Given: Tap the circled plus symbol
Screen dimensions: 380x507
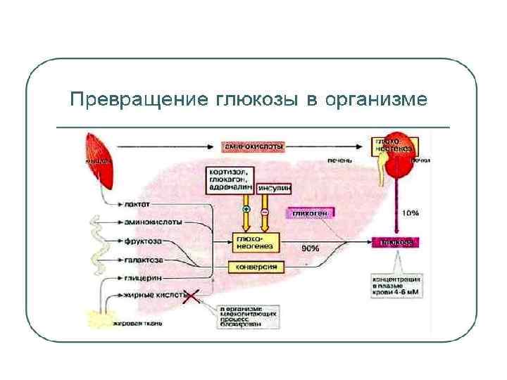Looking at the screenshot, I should [x=246, y=210].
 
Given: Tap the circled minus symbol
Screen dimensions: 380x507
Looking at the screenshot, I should [x=265, y=210].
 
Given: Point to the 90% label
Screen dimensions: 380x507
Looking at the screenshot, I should [x=310, y=248].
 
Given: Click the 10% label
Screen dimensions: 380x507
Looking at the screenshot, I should [x=411, y=212].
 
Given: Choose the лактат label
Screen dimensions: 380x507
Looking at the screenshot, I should [x=134, y=205].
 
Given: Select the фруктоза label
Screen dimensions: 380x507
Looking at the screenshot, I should [x=143, y=241].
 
